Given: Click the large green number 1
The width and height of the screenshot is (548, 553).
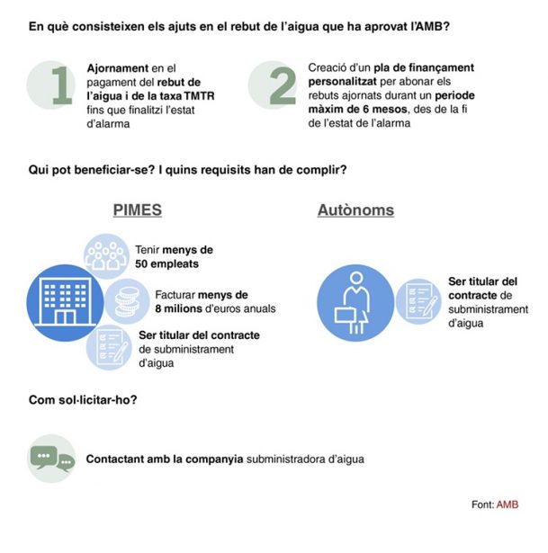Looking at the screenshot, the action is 62,85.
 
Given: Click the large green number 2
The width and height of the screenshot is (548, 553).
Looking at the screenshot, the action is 283,85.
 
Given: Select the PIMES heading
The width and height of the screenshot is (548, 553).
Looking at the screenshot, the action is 138,210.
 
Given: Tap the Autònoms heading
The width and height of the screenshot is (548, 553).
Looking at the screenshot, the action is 355,210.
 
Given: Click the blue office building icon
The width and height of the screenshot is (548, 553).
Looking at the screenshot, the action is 65,303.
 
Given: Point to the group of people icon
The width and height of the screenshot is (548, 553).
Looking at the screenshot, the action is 106,256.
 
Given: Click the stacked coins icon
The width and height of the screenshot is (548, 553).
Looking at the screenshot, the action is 128,301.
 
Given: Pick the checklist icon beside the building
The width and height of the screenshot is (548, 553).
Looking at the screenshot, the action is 109,347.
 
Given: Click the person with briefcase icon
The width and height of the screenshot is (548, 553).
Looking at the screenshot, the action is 355,303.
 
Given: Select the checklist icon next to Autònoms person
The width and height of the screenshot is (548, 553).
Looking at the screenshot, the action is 418,301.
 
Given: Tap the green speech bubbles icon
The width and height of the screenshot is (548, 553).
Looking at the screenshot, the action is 52,459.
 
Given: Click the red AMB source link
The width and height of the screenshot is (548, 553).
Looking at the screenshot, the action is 508,504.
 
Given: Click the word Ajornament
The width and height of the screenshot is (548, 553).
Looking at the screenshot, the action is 118,68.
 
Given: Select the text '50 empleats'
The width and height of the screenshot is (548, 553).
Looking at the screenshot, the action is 166,263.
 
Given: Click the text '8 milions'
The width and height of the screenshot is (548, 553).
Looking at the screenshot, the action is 178,308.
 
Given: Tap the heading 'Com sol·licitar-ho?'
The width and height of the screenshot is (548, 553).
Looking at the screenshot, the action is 83,400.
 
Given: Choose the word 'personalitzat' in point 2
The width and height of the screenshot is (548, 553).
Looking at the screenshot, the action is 342,82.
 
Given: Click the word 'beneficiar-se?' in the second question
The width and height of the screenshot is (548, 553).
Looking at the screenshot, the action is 114,170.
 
